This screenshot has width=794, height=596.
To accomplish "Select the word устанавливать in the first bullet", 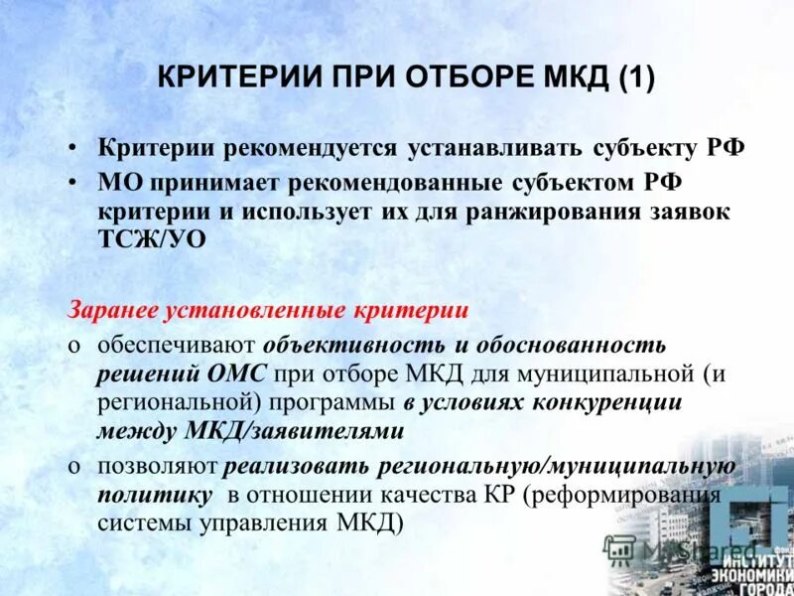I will (480, 148).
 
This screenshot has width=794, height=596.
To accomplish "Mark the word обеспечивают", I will (176, 345).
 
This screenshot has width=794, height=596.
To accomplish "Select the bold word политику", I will (154, 494).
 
